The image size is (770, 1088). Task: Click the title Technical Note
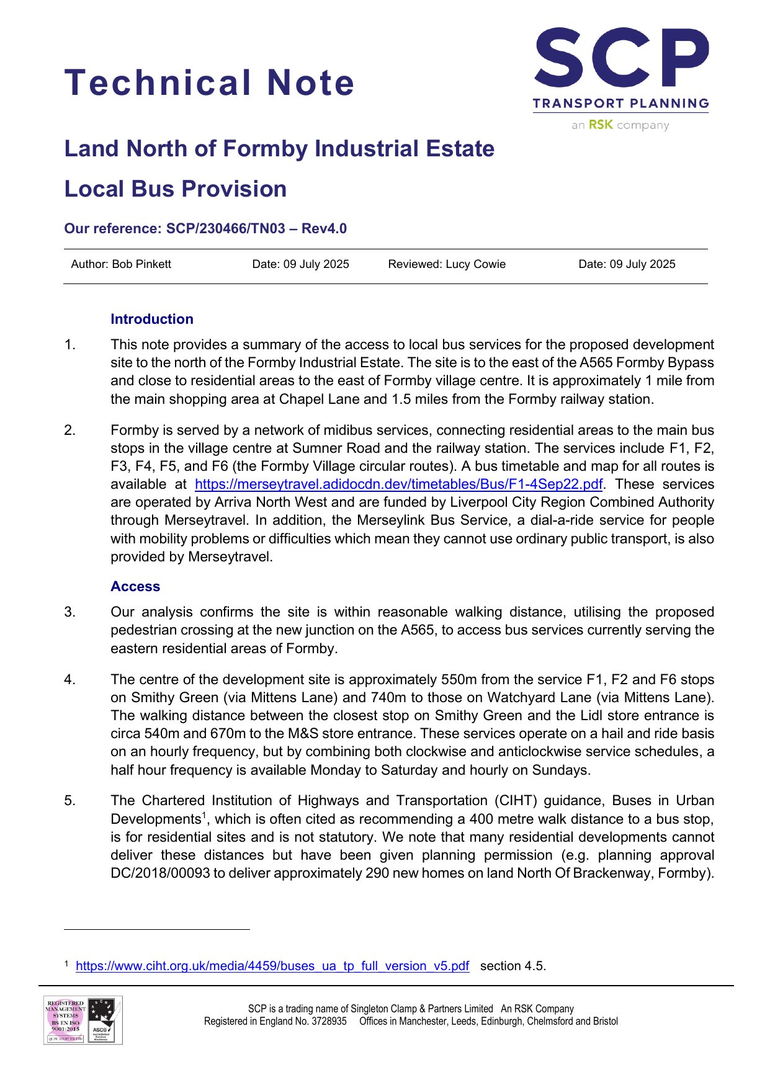[209, 82]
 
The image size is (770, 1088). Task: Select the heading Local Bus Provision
[176, 189]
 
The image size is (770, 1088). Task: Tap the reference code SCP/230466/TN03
[226, 228]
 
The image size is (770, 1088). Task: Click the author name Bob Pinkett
[141, 264]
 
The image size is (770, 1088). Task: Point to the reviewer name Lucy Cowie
[475, 264]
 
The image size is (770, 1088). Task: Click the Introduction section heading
[152, 319]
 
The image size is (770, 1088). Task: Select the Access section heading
[135, 586]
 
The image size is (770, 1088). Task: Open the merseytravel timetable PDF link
[398, 484]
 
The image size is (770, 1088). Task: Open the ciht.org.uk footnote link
[272, 966]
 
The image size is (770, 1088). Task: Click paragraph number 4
[69, 680]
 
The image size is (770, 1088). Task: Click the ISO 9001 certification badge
[65, 1020]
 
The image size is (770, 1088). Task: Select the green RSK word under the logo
[601, 125]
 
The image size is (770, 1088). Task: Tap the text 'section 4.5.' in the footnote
[513, 966]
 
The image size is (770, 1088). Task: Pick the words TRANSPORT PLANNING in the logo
[620, 104]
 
